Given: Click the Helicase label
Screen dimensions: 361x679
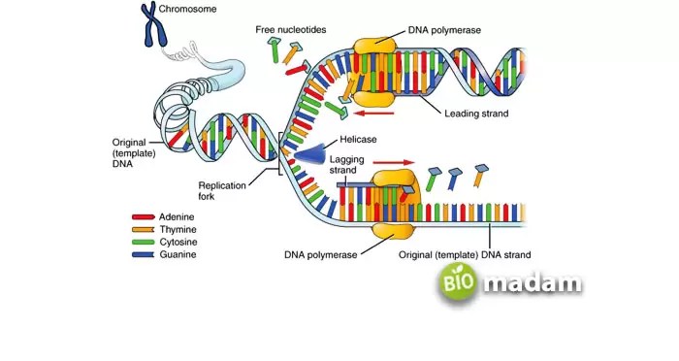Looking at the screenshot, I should pyautogui.click(x=358, y=139).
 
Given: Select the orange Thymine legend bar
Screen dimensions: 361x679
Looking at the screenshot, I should pyautogui.click(x=144, y=230).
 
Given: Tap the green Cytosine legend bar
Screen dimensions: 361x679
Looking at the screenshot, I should pyautogui.click(x=144, y=243).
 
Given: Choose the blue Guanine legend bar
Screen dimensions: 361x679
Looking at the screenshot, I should pyautogui.click(x=144, y=254).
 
